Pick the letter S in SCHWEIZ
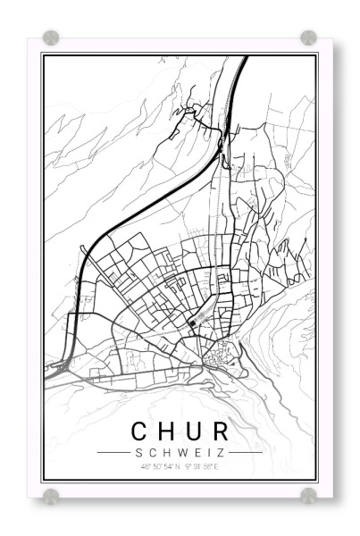[x=142, y=452]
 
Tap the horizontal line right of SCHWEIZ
[x=246, y=452]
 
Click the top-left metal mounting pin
[x=51, y=38]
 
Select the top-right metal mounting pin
[x=308, y=38]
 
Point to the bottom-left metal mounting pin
[x=51, y=495]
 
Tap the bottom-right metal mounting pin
[x=308, y=495]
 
